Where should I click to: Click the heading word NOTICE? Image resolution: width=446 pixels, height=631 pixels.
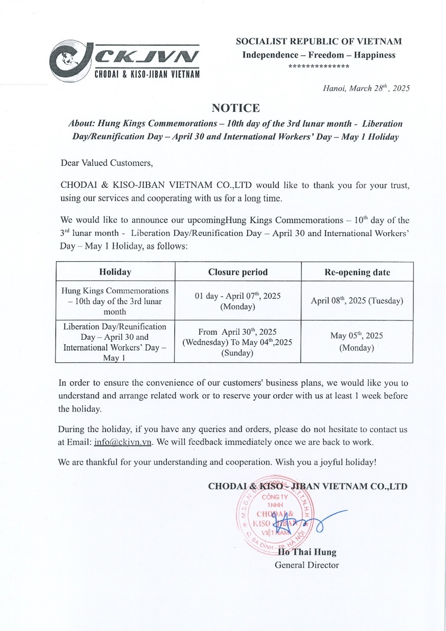[235, 107]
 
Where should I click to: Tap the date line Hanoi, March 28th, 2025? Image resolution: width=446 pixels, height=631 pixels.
[366, 89]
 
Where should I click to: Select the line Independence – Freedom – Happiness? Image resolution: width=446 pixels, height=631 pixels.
[319, 55]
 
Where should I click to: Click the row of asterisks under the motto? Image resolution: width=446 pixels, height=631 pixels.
[319, 66]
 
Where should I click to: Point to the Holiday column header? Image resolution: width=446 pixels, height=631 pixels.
[115, 272]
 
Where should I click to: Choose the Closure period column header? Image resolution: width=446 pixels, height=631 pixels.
[238, 272]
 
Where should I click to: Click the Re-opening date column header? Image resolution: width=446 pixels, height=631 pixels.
[357, 272]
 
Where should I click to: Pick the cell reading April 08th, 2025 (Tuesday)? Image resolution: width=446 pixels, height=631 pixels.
[357, 300]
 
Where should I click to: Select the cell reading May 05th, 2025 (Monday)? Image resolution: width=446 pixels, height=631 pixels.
[357, 341]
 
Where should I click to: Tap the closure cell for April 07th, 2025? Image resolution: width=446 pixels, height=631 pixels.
[238, 301]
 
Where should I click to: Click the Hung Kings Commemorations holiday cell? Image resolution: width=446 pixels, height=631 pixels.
[115, 301]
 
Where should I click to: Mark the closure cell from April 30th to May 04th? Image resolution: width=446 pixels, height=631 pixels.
[238, 342]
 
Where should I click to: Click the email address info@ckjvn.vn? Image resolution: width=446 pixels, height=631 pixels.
[123, 442]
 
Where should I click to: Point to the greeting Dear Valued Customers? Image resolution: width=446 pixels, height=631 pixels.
[107, 162]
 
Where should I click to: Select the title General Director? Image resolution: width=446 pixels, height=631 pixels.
[307, 565]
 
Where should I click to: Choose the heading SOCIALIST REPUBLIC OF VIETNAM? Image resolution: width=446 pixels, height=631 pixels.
[319, 42]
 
